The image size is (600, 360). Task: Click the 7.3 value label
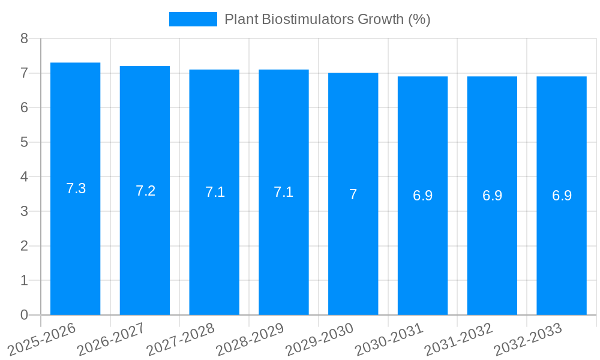tap(76, 188)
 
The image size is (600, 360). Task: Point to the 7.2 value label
tap(145, 191)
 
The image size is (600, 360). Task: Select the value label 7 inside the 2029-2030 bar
tap(353, 194)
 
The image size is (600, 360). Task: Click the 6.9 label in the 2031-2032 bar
tap(492, 196)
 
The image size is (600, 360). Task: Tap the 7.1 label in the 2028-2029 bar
tap(283, 192)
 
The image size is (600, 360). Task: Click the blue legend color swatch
tap(193, 19)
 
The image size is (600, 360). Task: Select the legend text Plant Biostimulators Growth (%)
tap(327, 19)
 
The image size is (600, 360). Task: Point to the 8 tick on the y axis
tap(24, 39)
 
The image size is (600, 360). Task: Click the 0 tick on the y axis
tap(24, 315)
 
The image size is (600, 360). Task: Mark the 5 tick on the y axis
tap(24, 143)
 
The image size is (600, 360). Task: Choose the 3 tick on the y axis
tap(24, 212)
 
